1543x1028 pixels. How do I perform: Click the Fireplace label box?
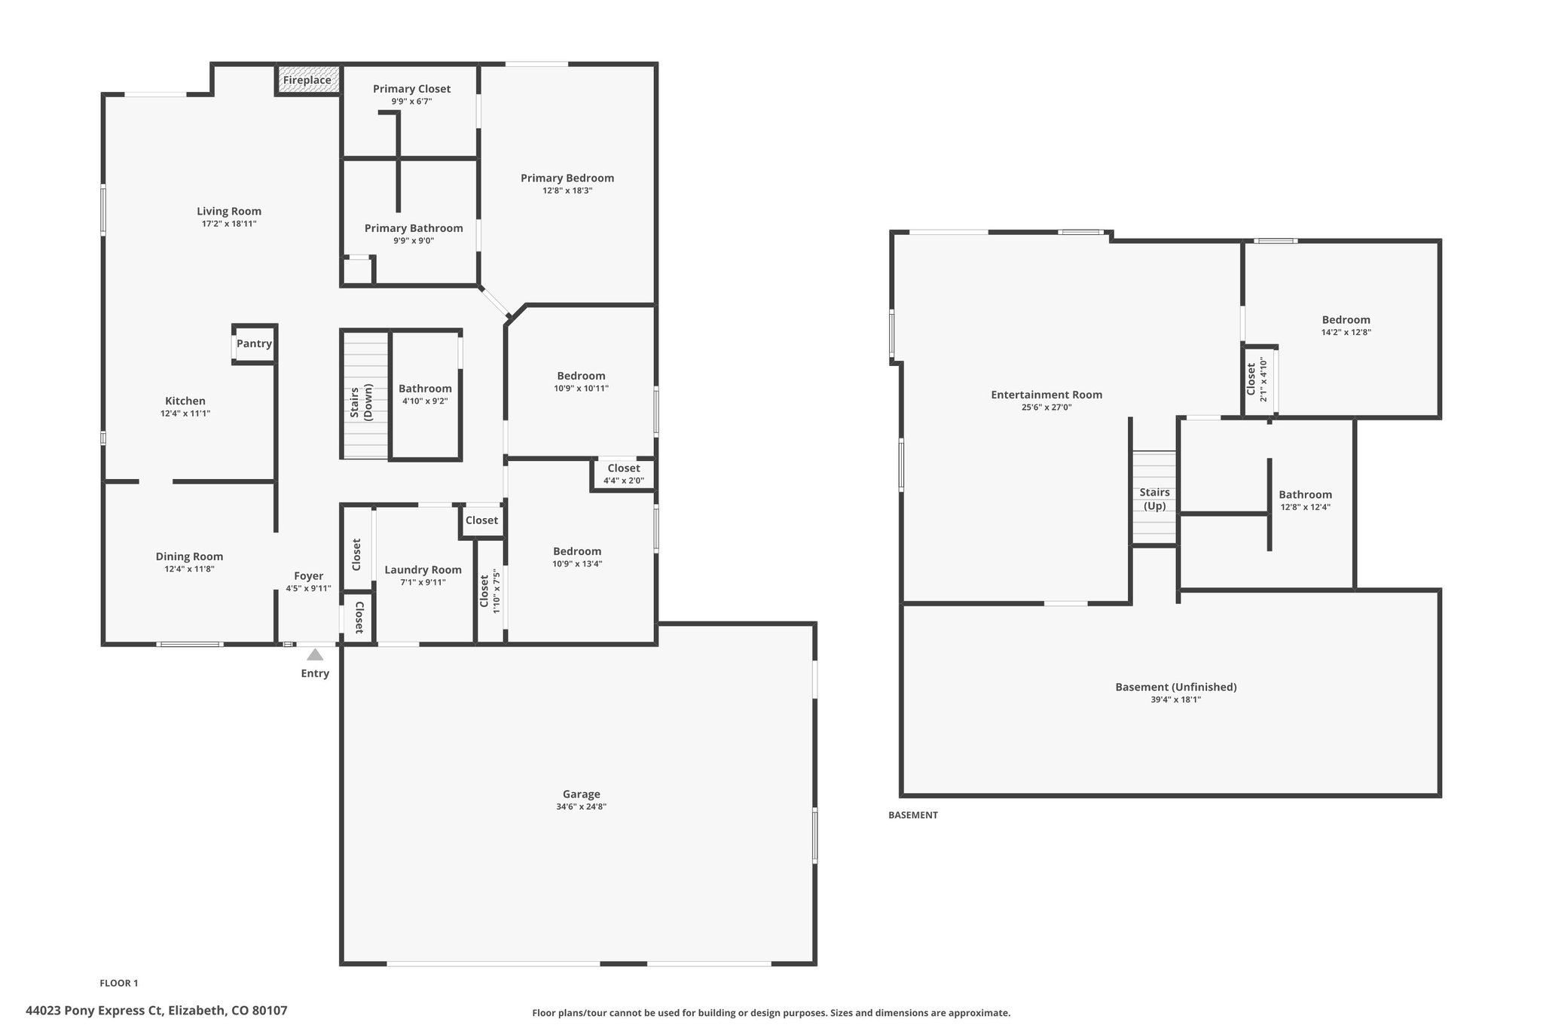tap(307, 80)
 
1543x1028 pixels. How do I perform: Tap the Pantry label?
tap(254, 343)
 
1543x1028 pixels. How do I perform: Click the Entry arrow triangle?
tap(315, 654)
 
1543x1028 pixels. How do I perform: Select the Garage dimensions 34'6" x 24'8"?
tap(581, 807)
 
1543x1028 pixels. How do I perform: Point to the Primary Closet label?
tap(411, 89)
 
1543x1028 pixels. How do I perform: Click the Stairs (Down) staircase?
tap(366, 395)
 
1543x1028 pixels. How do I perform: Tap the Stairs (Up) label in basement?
tap(1154, 499)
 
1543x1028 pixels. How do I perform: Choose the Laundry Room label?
tap(423, 570)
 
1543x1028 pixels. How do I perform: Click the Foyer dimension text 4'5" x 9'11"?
tap(308, 589)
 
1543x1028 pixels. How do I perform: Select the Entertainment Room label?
tap(1046, 395)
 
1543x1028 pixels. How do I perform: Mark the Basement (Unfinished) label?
tap(1176, 687)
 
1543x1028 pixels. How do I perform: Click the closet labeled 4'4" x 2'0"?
tap(624, 474)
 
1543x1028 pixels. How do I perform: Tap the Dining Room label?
tap(189, 557)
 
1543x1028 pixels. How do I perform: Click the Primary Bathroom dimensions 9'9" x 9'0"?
tap(414, 241)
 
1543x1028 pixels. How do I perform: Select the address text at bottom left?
tap(157, 1011)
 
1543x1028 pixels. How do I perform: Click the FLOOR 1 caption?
tap(119, 983)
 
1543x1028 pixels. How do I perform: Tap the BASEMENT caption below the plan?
tap(913, 815)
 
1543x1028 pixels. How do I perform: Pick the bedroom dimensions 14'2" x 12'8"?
tap(1346, 332)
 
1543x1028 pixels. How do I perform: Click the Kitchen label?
tap(185, 401)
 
